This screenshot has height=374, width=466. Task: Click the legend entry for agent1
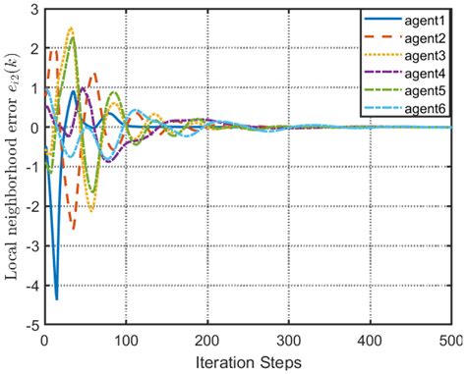tap(422, 18)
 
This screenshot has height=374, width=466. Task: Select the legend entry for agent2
tap(422, 32)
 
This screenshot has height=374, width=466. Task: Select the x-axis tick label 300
tap(286, 340)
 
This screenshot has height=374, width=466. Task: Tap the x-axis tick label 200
tap(205, 340)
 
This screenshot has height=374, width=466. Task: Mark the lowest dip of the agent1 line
tap(56, 297)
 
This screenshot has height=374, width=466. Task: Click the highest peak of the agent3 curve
tap(71, 28)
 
